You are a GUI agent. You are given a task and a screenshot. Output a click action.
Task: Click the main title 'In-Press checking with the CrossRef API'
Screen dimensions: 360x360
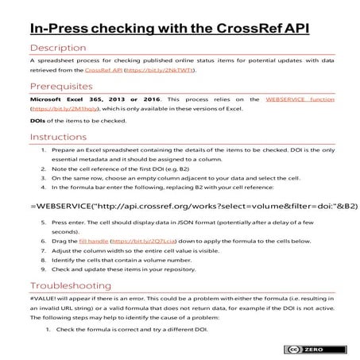coord(168,29)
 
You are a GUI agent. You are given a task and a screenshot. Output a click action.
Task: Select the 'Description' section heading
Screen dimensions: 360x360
coord(61,48)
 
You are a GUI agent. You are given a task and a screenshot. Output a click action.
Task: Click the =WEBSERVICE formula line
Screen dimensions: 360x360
coord(180,204)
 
